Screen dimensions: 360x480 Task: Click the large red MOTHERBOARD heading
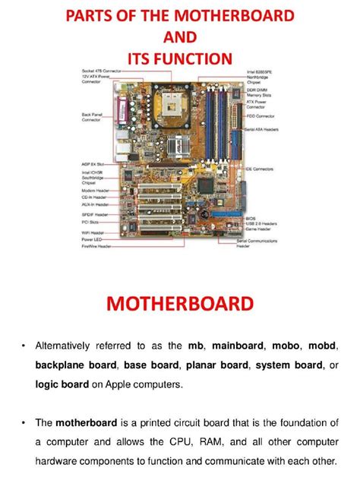[x=180, y=305]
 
